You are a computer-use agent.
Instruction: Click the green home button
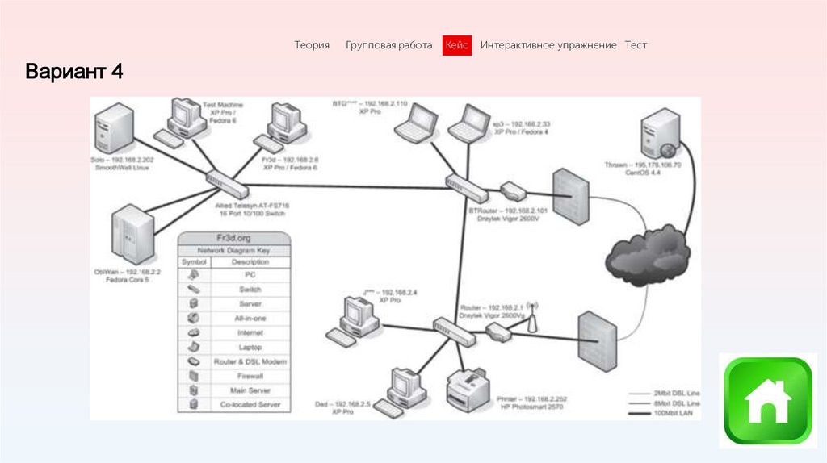[x=767, y=401]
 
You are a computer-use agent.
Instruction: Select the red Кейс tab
[x=457, y=46]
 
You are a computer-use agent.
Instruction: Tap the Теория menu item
[x=312, y=46]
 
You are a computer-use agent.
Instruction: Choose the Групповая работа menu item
[x=388, y=46]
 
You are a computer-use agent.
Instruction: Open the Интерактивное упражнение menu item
[x=548, y=46]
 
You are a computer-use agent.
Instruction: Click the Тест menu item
[x=636, y=46]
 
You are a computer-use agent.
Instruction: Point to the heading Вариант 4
[x=73, y=72]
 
